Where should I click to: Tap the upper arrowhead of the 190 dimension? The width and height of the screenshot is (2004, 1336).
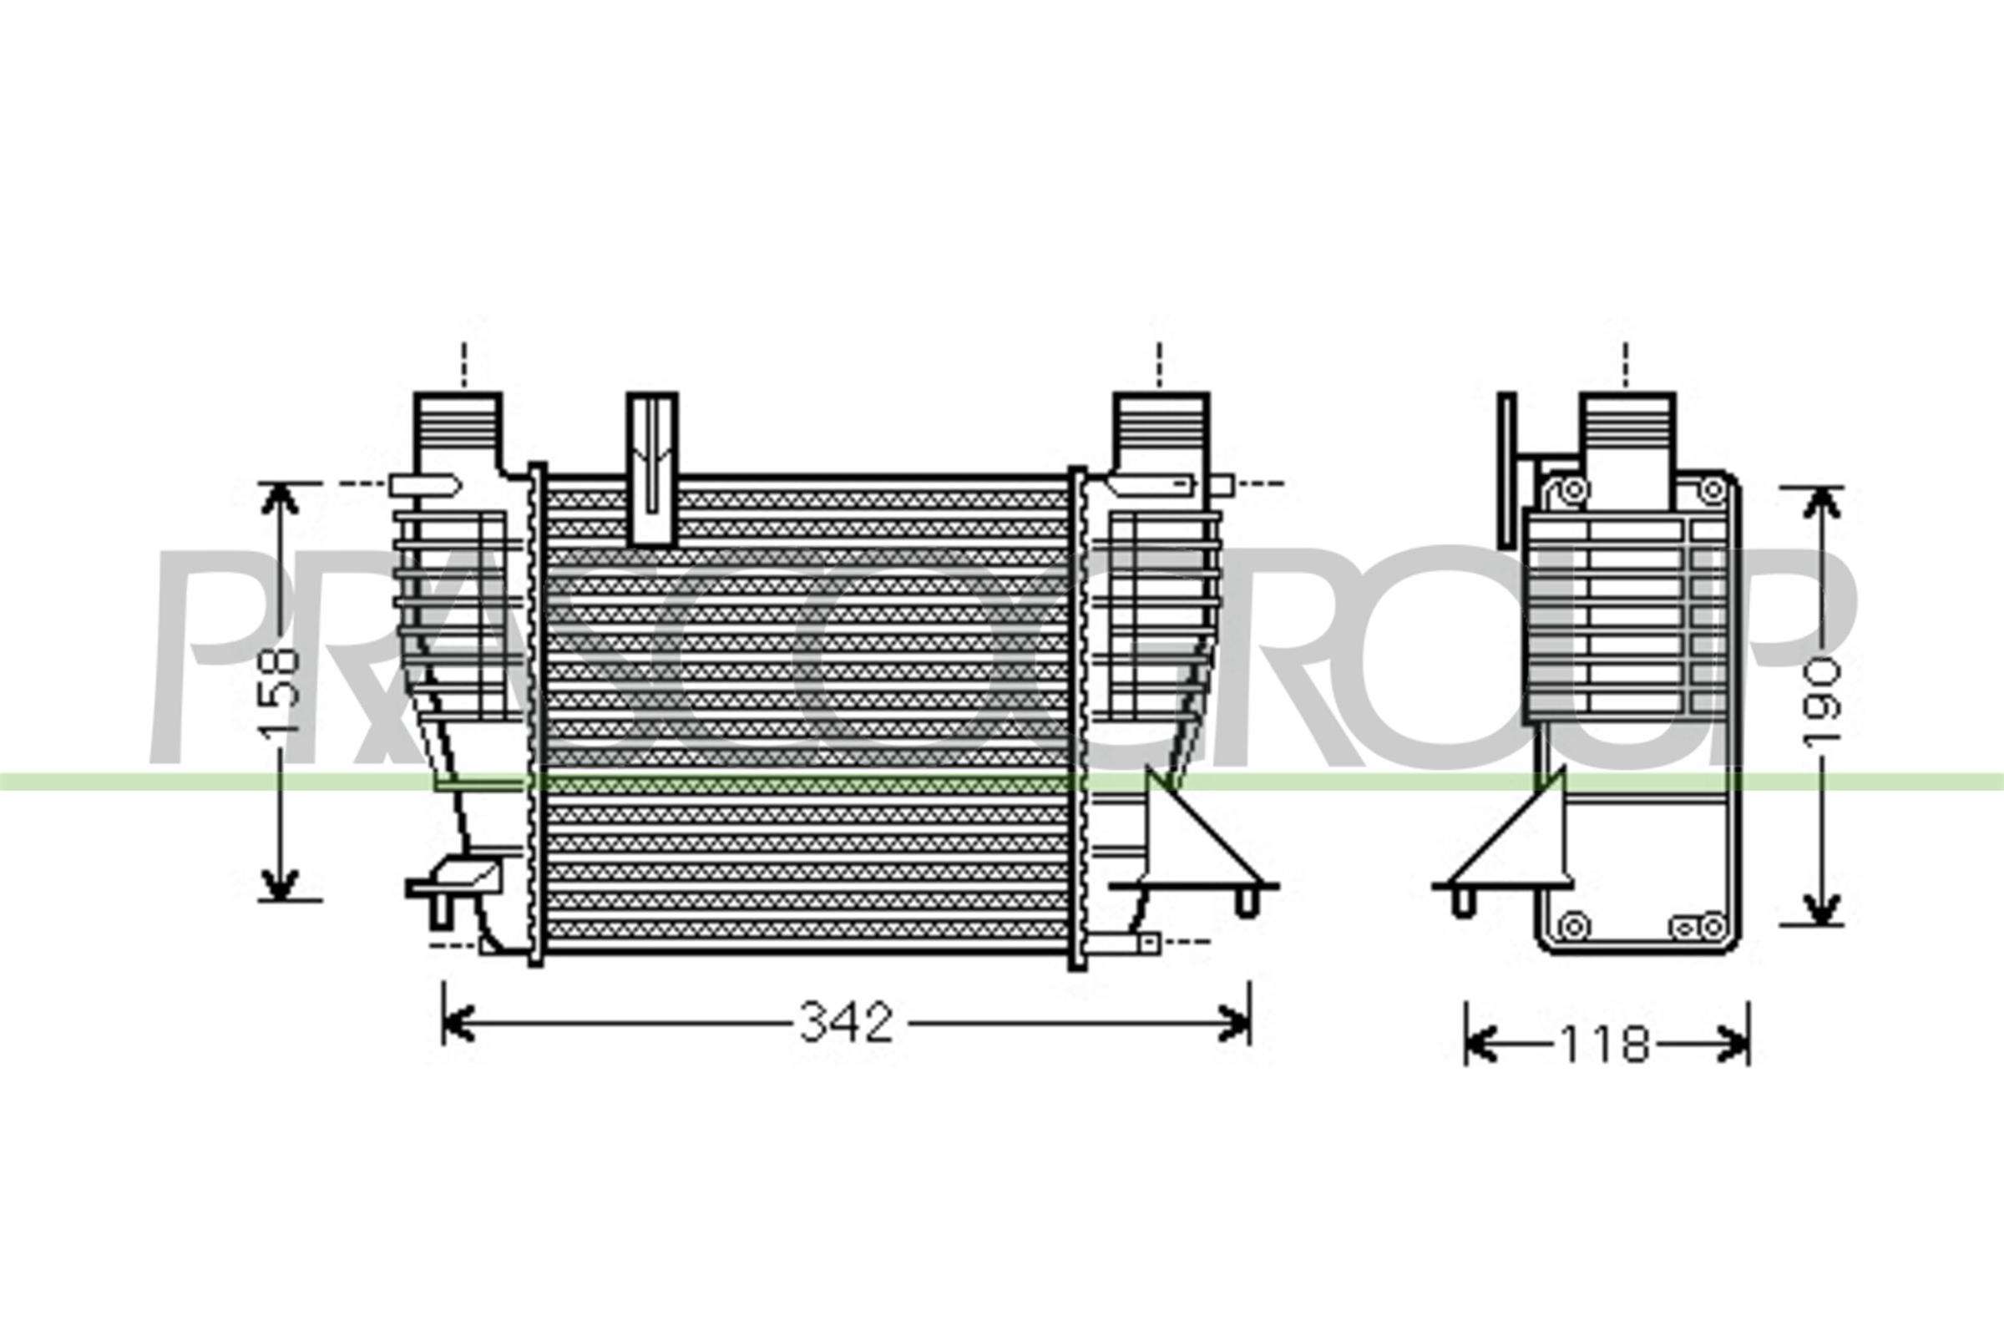click(x=1821, y=506)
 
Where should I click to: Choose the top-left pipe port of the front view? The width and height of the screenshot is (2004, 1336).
click(x=458, y=429)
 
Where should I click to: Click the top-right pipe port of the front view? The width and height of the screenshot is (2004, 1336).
click(x=1161, y=429)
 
